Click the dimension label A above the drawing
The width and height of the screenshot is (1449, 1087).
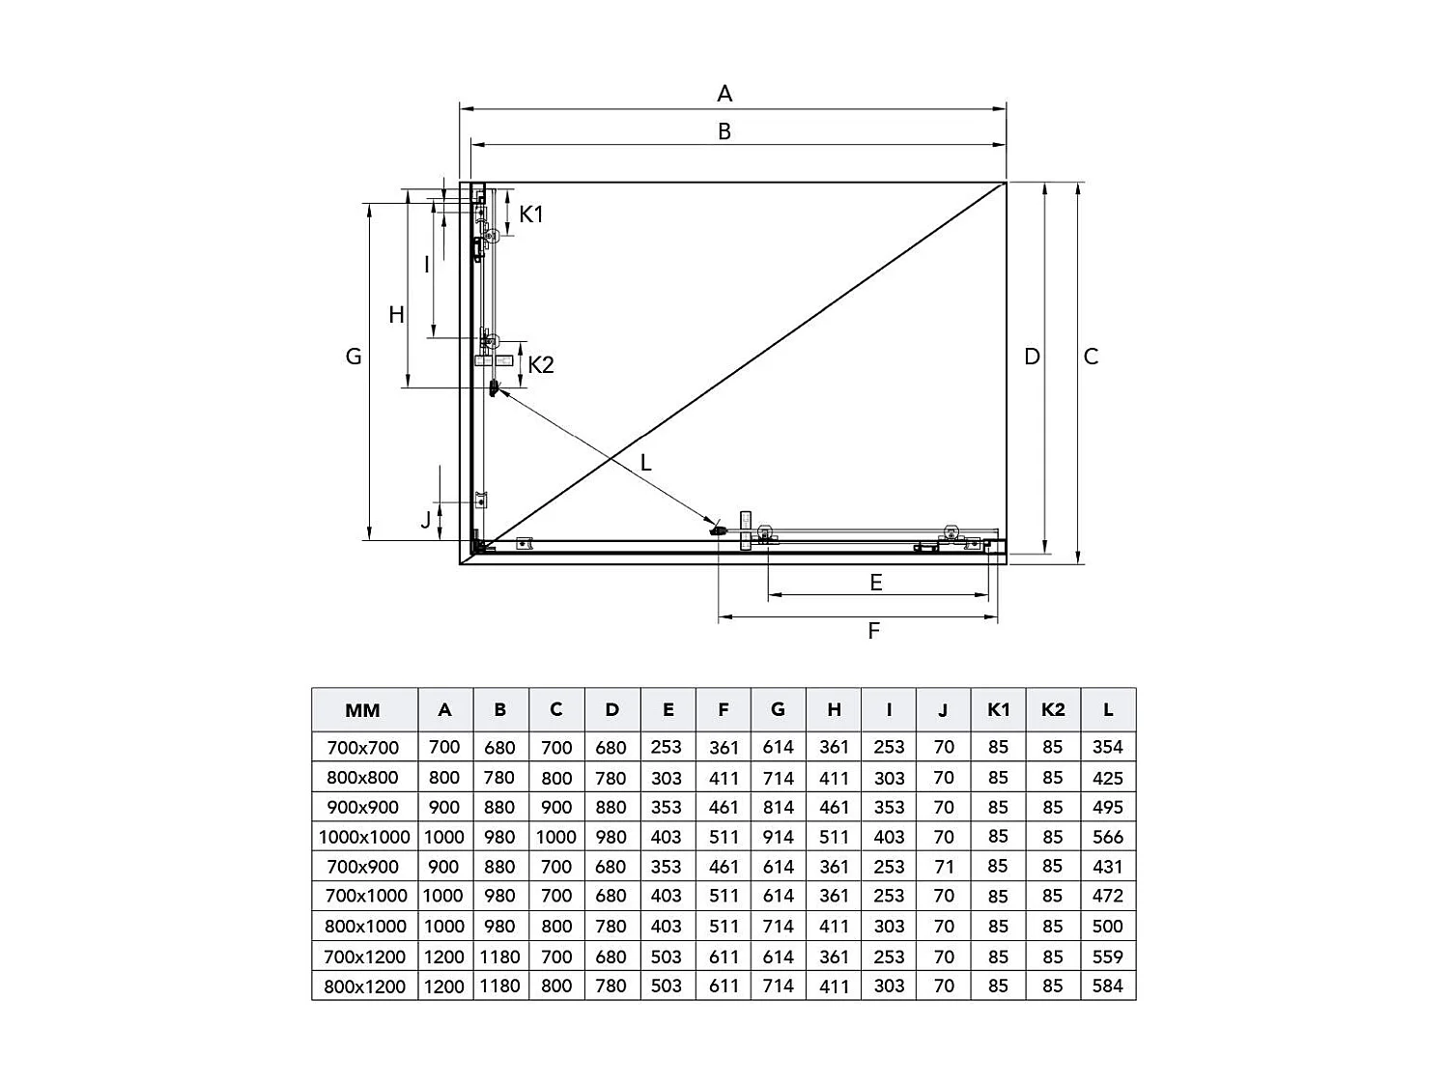click(724, 94)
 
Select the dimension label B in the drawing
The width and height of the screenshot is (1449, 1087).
click(724, 131)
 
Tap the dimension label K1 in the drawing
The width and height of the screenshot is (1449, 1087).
click(531, 215)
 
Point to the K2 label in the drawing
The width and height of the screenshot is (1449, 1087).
click(541, 365)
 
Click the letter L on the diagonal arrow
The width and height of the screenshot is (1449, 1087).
click(645, 463)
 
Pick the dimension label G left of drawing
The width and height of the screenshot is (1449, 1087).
click(354, 357)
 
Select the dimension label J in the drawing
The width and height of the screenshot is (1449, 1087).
click(426, 521)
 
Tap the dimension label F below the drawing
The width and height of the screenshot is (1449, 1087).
click(873, 631)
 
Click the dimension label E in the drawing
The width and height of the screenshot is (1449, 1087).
click(875, 582)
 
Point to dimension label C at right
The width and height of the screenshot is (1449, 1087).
click(1091, 357)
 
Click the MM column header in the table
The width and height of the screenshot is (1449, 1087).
click(363, 710)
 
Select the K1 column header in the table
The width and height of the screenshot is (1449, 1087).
click(998, 709)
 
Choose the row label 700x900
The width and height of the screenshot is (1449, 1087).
click(363, 867)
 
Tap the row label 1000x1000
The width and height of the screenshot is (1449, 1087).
click(364, 837)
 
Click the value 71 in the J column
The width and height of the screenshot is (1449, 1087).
click(944, 867)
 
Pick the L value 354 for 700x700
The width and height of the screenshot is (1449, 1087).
click(1107, 747)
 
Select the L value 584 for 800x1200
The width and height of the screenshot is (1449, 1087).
click(1107, 987)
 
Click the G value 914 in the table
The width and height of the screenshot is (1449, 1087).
click(778, 837)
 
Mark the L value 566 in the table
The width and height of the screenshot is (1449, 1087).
click(1107, 837)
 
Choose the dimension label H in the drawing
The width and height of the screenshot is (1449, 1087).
click(396, 315)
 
